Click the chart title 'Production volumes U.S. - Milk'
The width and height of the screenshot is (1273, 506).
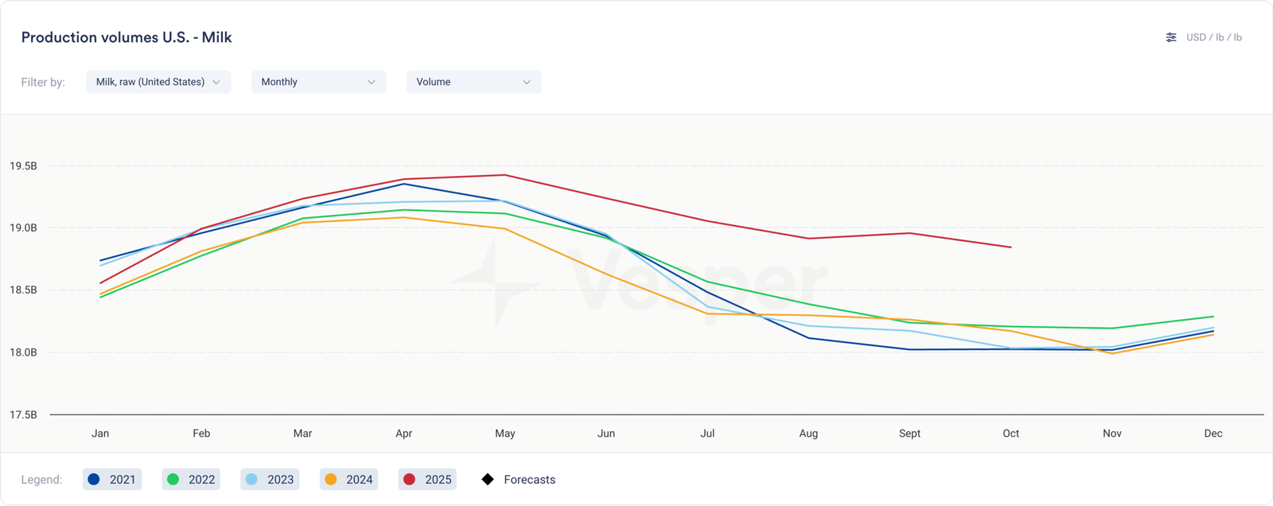[x=127, y=37]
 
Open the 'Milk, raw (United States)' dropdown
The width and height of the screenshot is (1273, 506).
[x=158, y=82]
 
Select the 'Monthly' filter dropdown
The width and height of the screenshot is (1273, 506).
[x=318, y=82]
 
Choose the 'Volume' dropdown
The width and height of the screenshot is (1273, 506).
[x=473, y=82]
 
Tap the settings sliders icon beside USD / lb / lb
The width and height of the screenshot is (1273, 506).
[x=1170, y=37]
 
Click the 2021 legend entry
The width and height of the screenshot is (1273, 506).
[x=112, y=479]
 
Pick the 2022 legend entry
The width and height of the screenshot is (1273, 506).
[x=191, y=479]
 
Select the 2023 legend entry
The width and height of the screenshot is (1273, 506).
[x=270, y=479]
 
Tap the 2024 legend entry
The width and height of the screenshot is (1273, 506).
[x=348, y=479]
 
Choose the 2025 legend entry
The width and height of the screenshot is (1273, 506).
[x=427, y=479]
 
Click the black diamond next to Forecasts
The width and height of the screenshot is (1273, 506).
[x=488, y=479]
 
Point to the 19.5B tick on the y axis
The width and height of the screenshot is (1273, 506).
[x=23, y=166]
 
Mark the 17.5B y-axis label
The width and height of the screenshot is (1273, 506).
[x=23, y=415]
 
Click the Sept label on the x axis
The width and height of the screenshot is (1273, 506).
[x=909, y=434]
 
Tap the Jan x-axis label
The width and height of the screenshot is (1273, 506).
[x=100, y=434]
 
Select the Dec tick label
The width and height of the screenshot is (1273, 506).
[x=1213, y=434]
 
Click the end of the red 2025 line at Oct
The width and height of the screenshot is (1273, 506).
[x=1011, y=247]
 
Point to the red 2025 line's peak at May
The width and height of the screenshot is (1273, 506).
[x=505, y=175]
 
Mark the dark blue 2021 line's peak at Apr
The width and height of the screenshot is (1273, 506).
[x=404, y=184]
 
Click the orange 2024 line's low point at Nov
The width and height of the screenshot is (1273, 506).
[x=1112, y=353]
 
